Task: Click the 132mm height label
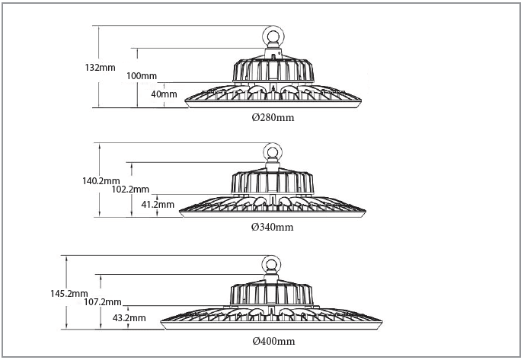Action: tap(100, 68)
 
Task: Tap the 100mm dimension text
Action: tap(142, 75)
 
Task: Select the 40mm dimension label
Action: tap(165, 94)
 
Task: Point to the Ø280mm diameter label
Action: tap(273, 118)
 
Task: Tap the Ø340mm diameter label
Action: tap(272, 227)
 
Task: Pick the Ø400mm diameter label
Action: tap(273, 341)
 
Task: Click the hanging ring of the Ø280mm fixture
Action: tap(272, 37)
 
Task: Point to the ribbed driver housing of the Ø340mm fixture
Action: tap(272, 182)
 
